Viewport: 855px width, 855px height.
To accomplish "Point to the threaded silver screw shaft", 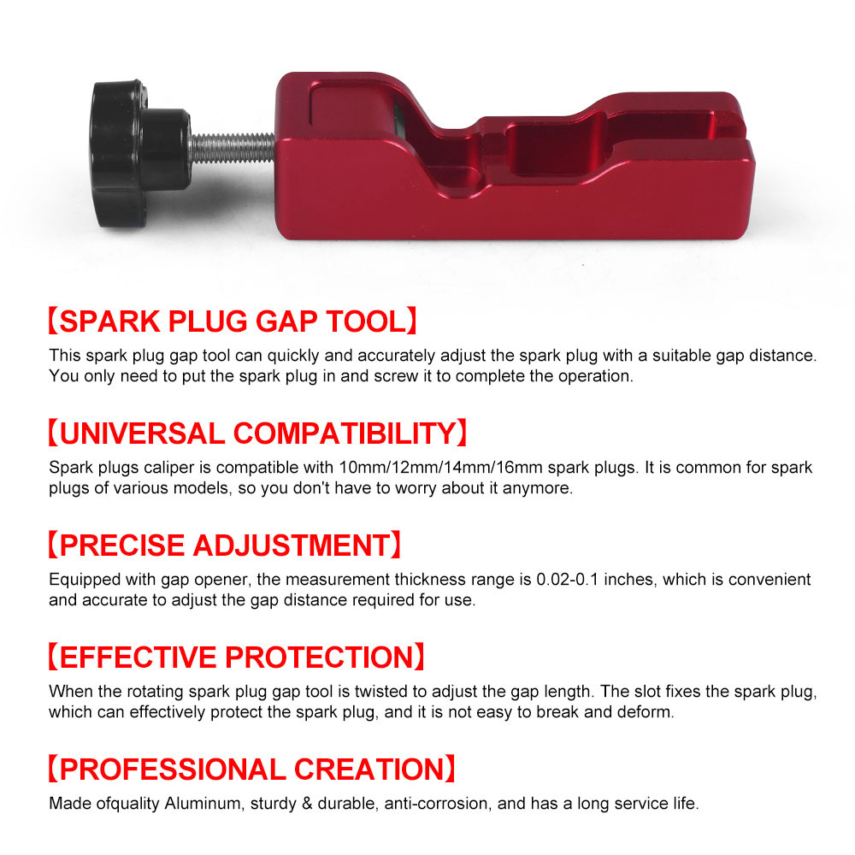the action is [x=233, y=148].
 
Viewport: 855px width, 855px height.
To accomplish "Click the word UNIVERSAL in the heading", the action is [x=142, y=433].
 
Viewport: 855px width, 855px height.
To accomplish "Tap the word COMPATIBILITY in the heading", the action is [x=344, y=433].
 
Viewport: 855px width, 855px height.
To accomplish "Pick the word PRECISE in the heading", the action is [x=121, y=545].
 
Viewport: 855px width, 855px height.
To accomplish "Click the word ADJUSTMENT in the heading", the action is [x=292, y=545].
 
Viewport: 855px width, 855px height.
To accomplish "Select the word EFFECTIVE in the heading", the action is [x=138, y=657].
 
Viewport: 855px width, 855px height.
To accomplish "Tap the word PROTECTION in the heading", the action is [x=320, y=657].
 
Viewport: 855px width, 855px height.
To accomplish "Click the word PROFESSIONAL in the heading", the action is [x=173, y=769].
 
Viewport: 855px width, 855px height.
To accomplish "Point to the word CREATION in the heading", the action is [x=369, y=769].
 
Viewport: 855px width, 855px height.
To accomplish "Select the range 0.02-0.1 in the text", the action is [x=567, y=580].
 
